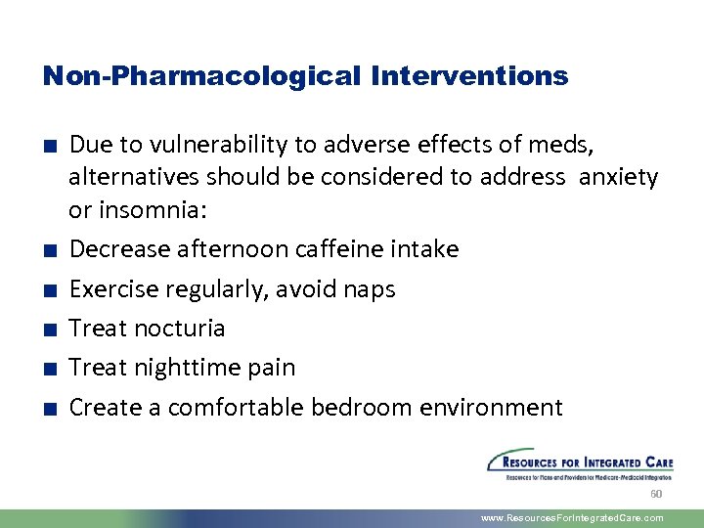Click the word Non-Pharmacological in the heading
tap(201, 76)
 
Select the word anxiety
tap(619, 178)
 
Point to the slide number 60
tap(656, 495)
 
